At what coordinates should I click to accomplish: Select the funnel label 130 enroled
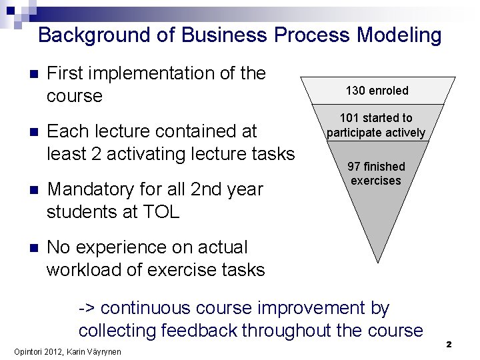pyautogui.click(x=377, y=90)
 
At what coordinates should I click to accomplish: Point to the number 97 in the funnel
pyautogui.click(x=354, y=166)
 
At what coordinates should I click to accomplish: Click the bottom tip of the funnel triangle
pyautogui.click(x=378, y=262)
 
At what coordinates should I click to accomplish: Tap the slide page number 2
pyautogui.click(x=449, y=344)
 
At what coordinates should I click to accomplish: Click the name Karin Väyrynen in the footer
pyautogui.click(x=95, y=351)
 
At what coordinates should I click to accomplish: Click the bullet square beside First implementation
pyautogui.click(x=25, y=74)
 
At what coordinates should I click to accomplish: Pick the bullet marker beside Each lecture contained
pyautogui.click(x=25, y=132)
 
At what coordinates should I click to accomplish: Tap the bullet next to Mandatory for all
pyautogui.click(x=25, y=190)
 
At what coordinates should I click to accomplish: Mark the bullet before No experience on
pyautogui.click(x=25, y=248)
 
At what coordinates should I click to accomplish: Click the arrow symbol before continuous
pyautogui.click(x=87, y=309)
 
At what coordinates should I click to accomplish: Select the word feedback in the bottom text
pyautogui.click(x=203, y=331)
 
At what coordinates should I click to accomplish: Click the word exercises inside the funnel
pyautogui.click(x=376, y=181)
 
